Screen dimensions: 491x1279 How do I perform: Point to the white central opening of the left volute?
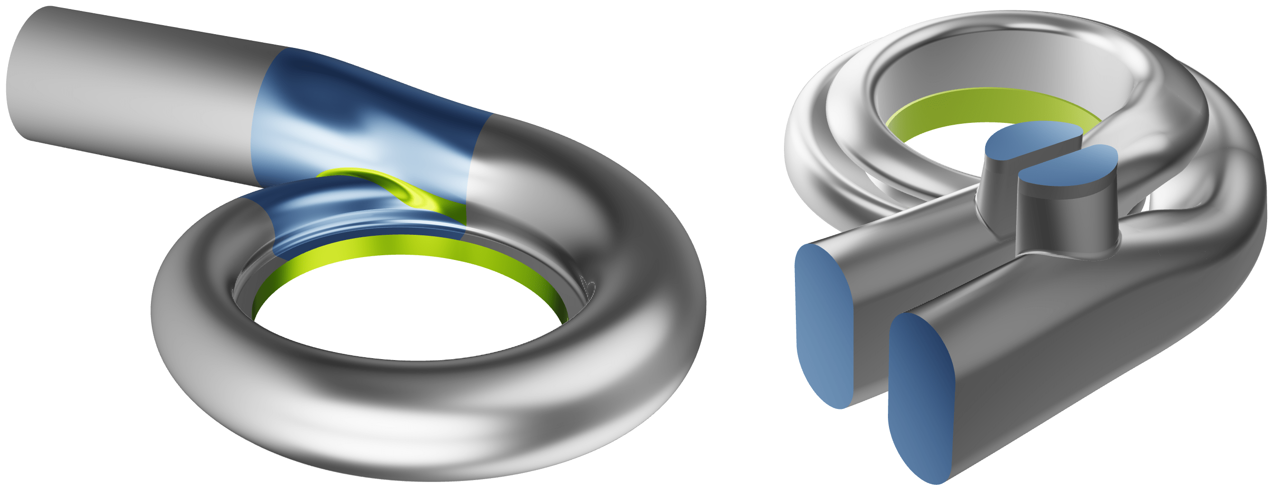407,308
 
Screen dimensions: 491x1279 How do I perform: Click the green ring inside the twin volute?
988,107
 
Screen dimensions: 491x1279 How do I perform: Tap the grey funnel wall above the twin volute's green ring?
988,65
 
